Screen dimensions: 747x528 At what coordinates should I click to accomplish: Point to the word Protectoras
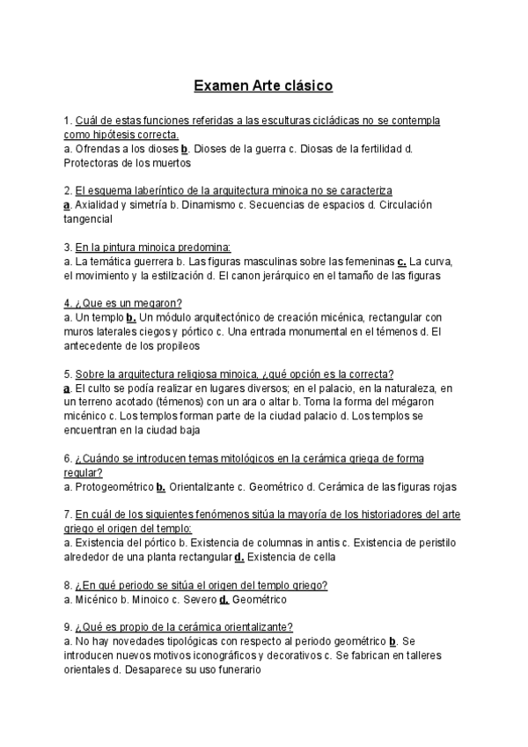[94, 163]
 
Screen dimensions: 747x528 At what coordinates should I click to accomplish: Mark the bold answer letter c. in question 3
[402, 262]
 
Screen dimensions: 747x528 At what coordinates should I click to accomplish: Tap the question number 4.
[68, 303]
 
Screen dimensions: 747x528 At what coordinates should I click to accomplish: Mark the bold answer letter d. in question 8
[224, 600]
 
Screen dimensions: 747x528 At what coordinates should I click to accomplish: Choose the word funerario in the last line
[232, 670]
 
